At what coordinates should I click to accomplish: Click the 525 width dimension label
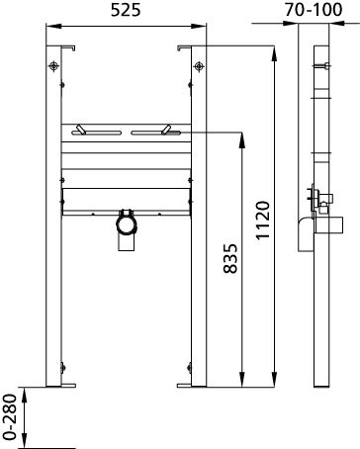pyautogui.click(x=124, y=12)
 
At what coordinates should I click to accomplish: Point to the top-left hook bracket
pyautogui.click(x=69, y=47)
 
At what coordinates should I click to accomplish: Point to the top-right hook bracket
pyautogui.click(x=182, y=47)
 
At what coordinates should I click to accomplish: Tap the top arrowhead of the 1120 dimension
pyautogui.click(x=274, y=49)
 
